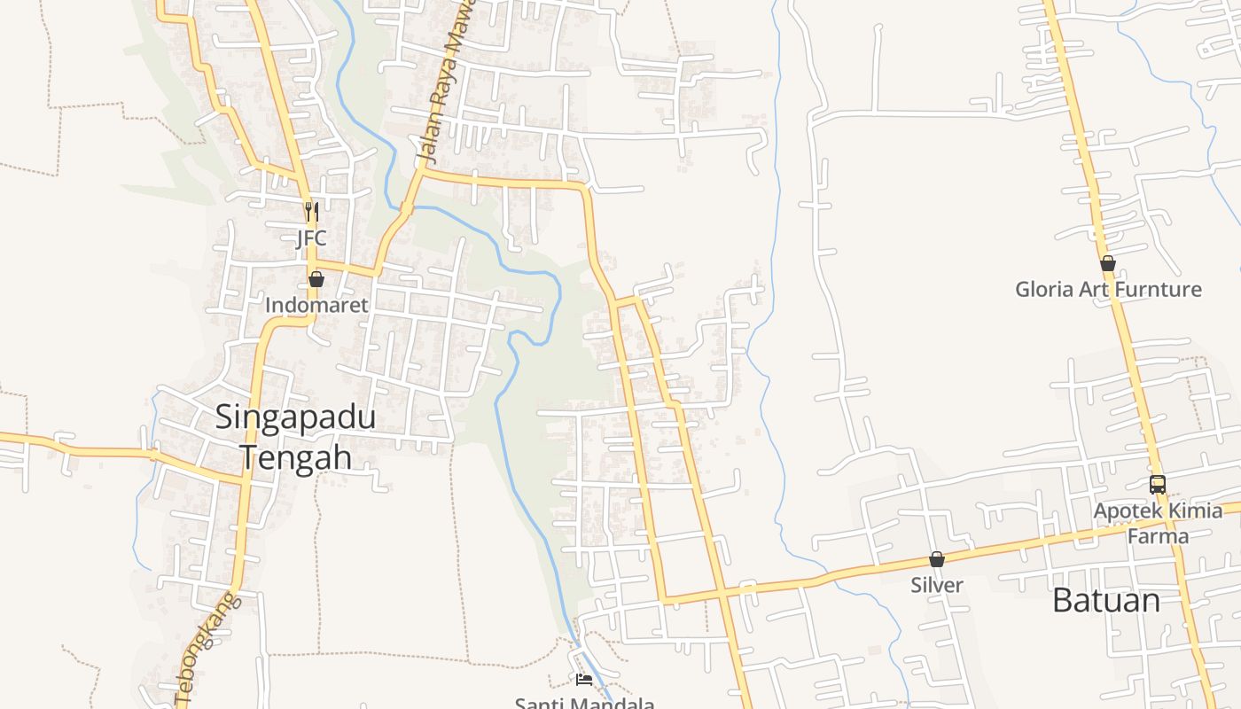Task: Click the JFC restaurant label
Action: pyautogui.click(x=311, y=238)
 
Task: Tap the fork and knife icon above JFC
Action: pyautogui.click(x=311, y=212)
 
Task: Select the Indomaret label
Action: pyautogui.click(x=316, y=305)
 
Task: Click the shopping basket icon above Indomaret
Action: pyautogui.click(x=316, y=280)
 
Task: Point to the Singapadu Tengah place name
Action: pyautogui.click(x=296, y=437)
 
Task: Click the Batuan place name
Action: pyautogui.click(x=1106, y=601)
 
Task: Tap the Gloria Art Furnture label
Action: pyautogui.click(x=1108, y=289)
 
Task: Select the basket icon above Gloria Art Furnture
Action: pyautogui.click(x=1108, y=263)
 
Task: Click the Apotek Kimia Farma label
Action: pyautogui.click(x=1158, y=523)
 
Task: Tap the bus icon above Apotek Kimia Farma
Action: pyautogui.click(x=1158, y=485)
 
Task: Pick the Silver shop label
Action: pyautogui.click(x=937, y=585)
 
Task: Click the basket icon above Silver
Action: pyautogui.click(x=937, y=559)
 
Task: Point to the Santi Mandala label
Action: pyautogui.click(x=585, y=704)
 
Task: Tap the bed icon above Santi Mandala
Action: pyautogui.click(x=584, y=680)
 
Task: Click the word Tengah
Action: pyautogui.click(x=296, y=458)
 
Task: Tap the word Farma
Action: pyautogui.click(x=1158, y=535)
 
